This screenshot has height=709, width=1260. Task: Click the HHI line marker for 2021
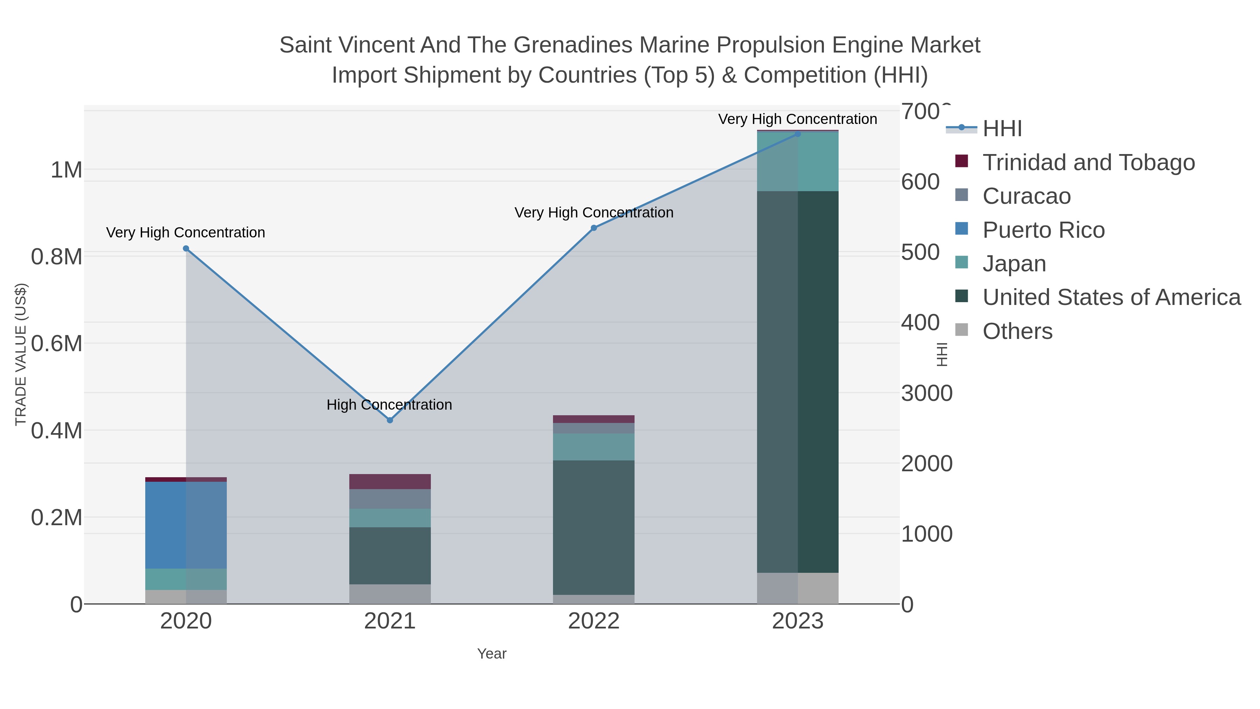click(390, 420)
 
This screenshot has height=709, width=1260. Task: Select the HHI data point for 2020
click(186, 249)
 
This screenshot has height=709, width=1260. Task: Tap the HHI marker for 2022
click(594, 228)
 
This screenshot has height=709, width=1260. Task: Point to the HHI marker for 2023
click(798, 134)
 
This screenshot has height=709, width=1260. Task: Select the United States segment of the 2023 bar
click(798, 382)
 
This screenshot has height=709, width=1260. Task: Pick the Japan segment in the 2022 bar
click(594, 447)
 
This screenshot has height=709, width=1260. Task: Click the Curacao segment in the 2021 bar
click(390, 499)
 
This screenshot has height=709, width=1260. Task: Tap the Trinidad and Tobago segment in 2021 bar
click(390, 481)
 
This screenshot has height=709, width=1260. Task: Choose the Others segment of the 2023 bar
click(798, 588)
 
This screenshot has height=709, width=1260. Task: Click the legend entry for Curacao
click(1026, 196)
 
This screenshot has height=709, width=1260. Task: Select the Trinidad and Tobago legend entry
click(1088, 162)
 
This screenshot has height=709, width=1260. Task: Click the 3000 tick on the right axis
click(926, 394)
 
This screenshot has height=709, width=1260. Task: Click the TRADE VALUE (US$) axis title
click(21, 354)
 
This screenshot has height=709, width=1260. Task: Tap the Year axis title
click(492, 654)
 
